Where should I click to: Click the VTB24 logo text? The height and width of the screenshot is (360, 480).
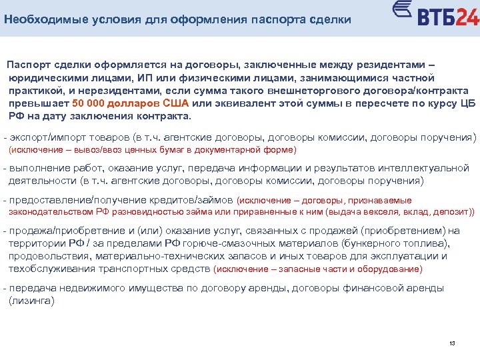(447, 17)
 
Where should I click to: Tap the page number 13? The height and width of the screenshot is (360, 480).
(452, 343)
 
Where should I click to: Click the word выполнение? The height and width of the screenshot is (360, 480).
(37, 167)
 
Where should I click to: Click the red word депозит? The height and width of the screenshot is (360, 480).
(453, 212)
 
